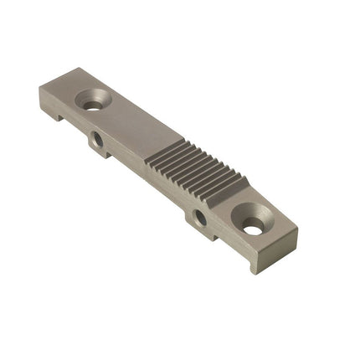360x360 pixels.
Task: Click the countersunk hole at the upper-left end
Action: tap(93, 100)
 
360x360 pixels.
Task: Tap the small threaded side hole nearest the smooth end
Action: tap(98, 140)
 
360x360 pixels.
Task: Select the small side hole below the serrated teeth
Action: tap(200, 218)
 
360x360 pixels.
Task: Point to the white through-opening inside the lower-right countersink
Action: tap(253, 225)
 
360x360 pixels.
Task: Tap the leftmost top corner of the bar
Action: tap(40, 88)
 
